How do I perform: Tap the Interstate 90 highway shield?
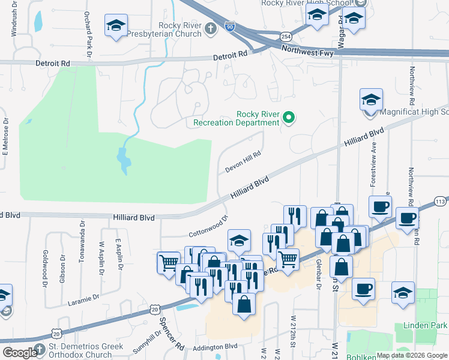[230, 26]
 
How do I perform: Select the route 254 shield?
[286, 37]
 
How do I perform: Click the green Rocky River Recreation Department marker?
[289, 118]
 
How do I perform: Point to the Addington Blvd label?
[215, 347]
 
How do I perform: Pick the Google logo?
[19, 353]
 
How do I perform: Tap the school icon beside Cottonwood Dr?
[239, 241]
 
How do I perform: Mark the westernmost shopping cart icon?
[169, 262]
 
